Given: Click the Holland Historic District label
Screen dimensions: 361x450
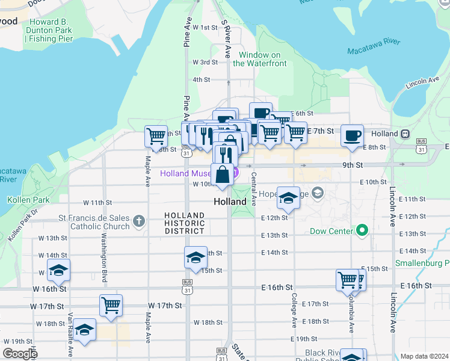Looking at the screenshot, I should [185, 223].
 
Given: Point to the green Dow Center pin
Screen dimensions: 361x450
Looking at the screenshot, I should [362, 230].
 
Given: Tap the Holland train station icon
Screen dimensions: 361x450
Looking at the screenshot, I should [405, 134].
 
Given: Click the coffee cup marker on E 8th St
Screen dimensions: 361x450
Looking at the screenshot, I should [352, 135].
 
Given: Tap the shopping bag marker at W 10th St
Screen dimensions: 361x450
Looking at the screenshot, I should [222, 174].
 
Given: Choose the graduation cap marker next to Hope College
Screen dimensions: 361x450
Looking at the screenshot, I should [289, 199].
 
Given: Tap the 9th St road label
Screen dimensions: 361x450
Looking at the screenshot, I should [353, 165].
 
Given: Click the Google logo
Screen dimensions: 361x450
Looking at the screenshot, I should [19, 354].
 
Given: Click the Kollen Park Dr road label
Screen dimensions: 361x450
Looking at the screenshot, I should [23, 226].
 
